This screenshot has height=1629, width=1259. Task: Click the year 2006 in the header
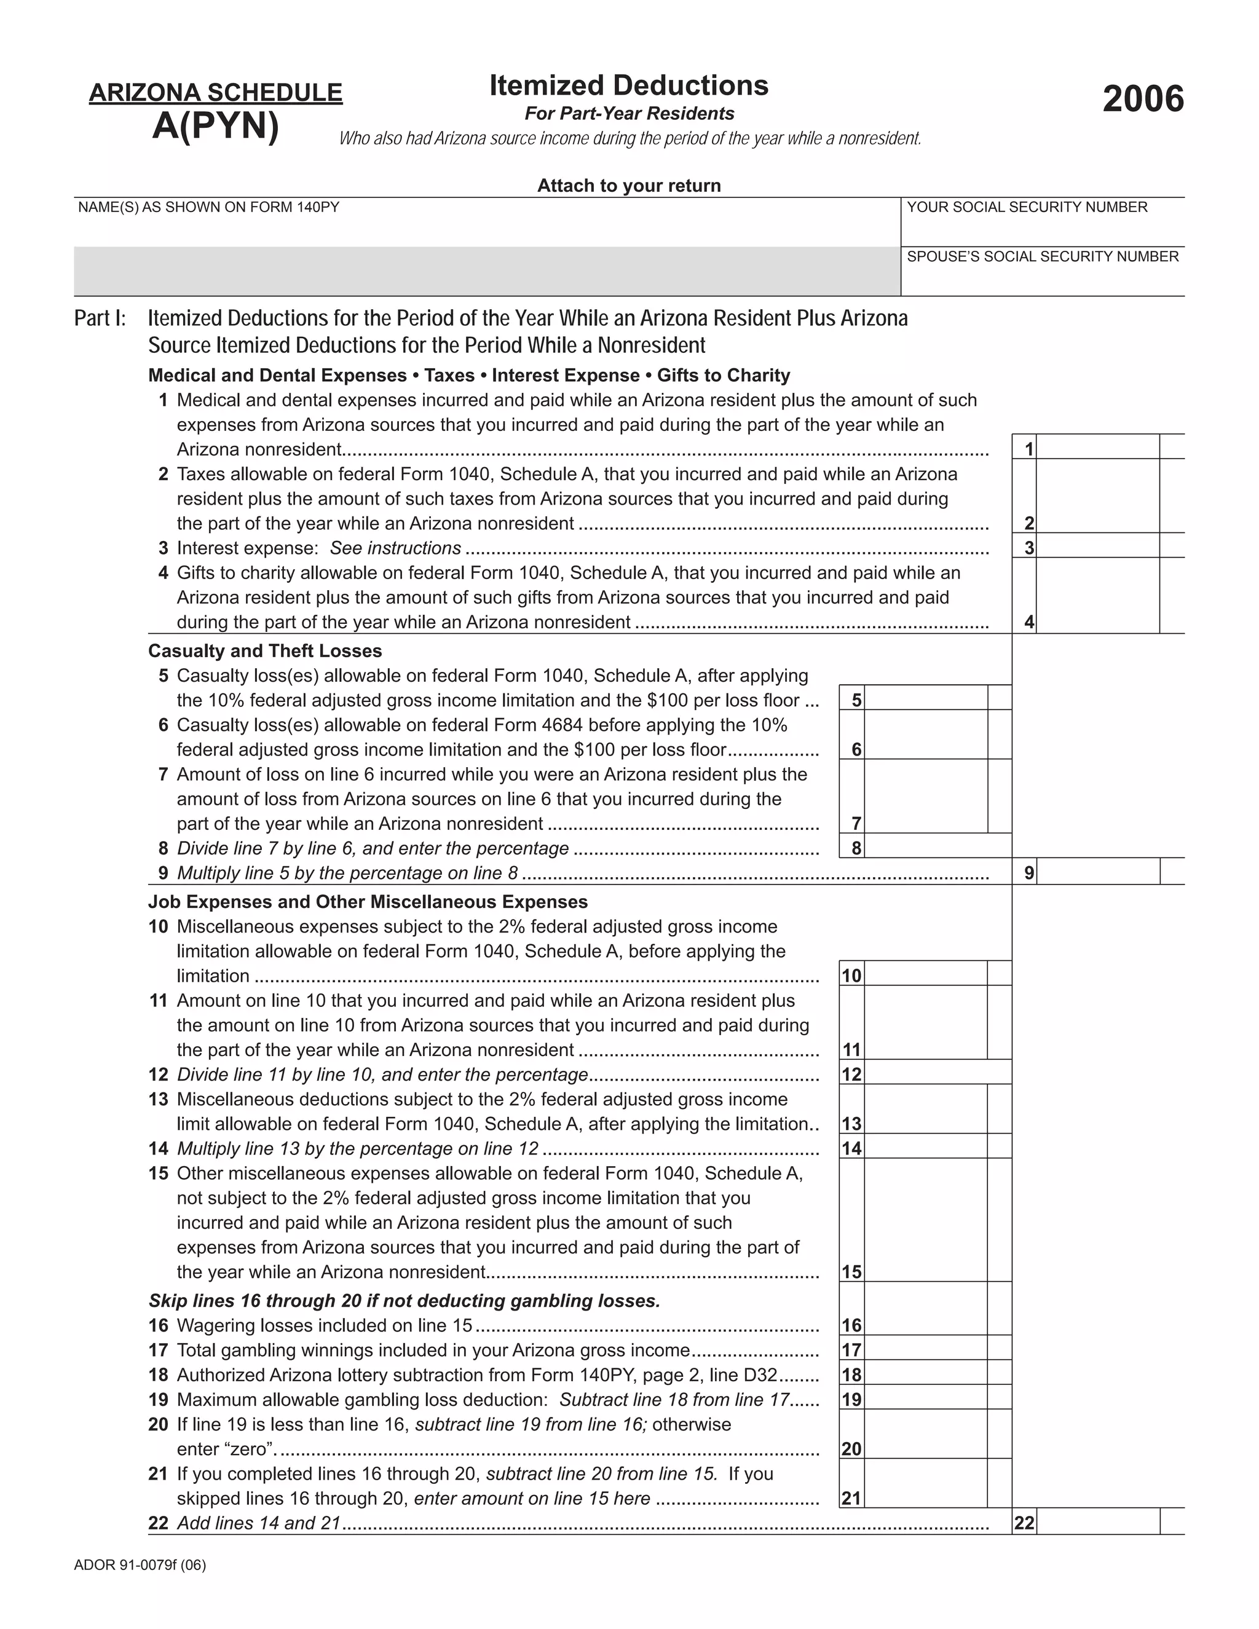click(1143, 99)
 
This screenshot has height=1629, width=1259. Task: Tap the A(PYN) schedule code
click(216, 125)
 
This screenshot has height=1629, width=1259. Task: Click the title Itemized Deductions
click(629, 86)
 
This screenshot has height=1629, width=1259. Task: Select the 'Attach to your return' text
click(629, 186)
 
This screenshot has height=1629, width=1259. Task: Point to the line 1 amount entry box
click(1097, 447)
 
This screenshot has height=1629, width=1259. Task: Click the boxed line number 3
click(1029, 548)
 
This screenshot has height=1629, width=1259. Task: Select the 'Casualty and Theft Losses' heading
click(265, 651)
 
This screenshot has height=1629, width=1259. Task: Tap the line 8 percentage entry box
click(937, 846)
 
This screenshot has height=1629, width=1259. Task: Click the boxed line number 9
click(1029, 873)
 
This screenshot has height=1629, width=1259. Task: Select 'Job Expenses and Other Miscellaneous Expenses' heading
click(368, 902)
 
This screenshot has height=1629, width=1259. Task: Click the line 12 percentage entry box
click(937, 1073)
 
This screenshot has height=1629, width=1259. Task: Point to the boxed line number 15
click(852, 1272)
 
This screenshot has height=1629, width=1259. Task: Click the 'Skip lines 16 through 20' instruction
click(405, 1301)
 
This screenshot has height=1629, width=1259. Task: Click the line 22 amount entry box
click(1097, 1521)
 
